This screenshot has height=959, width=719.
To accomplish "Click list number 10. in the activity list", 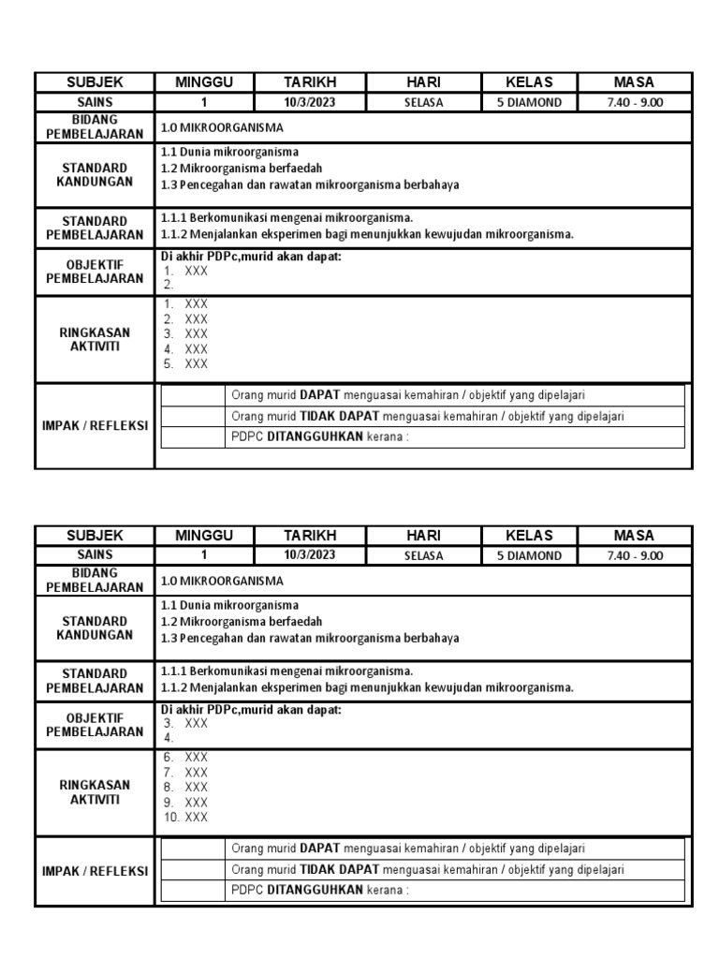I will click(x=171, y=818).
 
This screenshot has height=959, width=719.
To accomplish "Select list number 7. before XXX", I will click(x=169, y=773).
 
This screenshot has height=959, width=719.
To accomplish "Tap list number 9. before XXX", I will click(x=169, y=803).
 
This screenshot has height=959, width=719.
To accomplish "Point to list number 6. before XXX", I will click(x=169, y=758).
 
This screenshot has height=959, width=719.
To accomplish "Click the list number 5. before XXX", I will click(x=169, y=364).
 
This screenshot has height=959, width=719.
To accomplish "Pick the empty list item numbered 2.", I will click(x=169, y=285).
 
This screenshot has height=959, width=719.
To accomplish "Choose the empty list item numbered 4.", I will click(x=169, y=738).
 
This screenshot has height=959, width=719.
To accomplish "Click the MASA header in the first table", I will click(x=634, y=82).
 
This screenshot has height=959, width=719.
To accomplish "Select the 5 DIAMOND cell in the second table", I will click(x=529, y=555).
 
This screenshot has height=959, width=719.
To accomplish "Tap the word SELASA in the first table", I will click(x=423, y=103).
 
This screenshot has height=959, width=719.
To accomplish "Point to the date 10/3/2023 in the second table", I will click(x=309, y=555).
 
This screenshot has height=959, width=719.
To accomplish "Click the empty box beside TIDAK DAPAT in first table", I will click(x=194, y=416).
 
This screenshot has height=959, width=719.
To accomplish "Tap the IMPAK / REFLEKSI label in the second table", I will click(x=95, y=871).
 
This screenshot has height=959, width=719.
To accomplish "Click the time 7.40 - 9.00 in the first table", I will click(x=634, y=103).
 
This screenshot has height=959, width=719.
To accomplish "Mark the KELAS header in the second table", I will click(x=529, y=536).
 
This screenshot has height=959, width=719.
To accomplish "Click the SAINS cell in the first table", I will click(x=95, y=103).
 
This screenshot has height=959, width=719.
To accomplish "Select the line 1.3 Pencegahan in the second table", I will click(x=310, y=639).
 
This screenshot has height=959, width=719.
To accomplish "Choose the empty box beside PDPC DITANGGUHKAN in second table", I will click(x=194, y=891).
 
